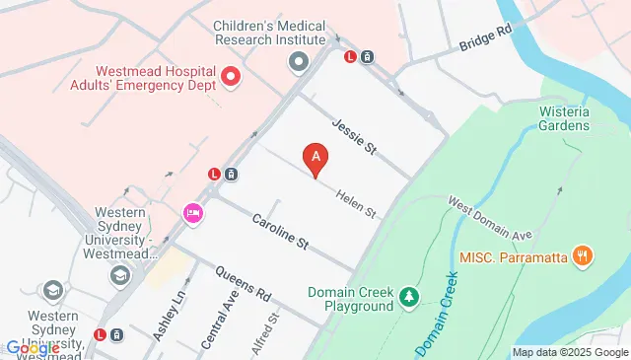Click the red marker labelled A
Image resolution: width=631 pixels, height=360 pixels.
tap(315, 157)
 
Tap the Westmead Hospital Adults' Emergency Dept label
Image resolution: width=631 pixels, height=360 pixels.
tap(154, 78)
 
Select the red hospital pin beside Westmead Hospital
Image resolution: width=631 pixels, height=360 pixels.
tap(231, 76)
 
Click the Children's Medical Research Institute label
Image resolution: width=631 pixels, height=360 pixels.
tap(269, 33)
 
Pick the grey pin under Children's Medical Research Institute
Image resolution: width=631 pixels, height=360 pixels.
tap(298, 63)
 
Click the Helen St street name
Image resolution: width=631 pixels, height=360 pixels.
tap(356, 204)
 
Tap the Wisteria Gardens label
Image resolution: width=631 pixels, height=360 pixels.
tap(564, 118)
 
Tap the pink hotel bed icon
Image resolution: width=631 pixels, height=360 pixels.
tap(192, 212)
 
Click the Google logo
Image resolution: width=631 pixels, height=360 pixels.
tap(33, 348)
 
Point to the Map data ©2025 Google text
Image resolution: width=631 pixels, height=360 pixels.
tap(570, 352)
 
